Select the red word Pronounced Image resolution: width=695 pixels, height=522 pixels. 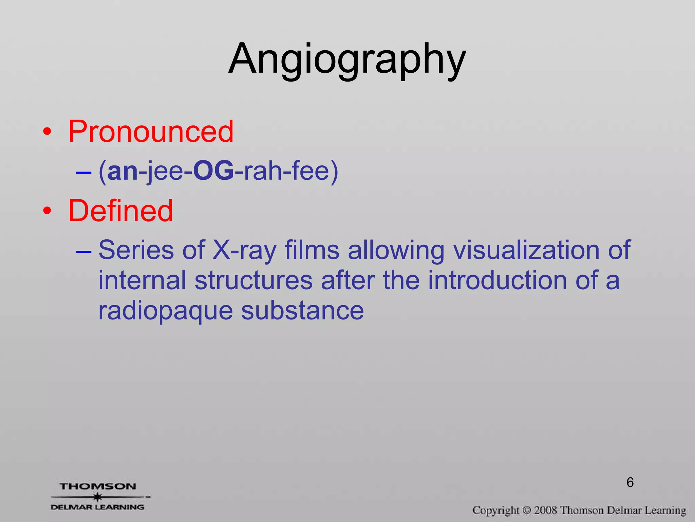point(151,132)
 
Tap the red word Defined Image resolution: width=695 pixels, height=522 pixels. point(120,211)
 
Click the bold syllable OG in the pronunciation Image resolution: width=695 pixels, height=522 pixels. point(213,171)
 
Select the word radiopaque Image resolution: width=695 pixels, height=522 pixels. point(165,311)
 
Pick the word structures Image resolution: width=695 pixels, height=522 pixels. point(253,280)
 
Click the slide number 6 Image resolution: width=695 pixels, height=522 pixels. point(630,483)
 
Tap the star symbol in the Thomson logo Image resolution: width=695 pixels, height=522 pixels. point(98,497)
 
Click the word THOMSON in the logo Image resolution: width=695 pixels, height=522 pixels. point(98,486)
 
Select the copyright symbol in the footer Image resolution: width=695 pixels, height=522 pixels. point(526,510)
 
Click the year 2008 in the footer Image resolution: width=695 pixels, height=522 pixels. point(545,510)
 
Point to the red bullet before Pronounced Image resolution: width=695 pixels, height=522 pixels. point(48,132)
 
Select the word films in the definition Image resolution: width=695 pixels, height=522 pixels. point(312,250)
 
